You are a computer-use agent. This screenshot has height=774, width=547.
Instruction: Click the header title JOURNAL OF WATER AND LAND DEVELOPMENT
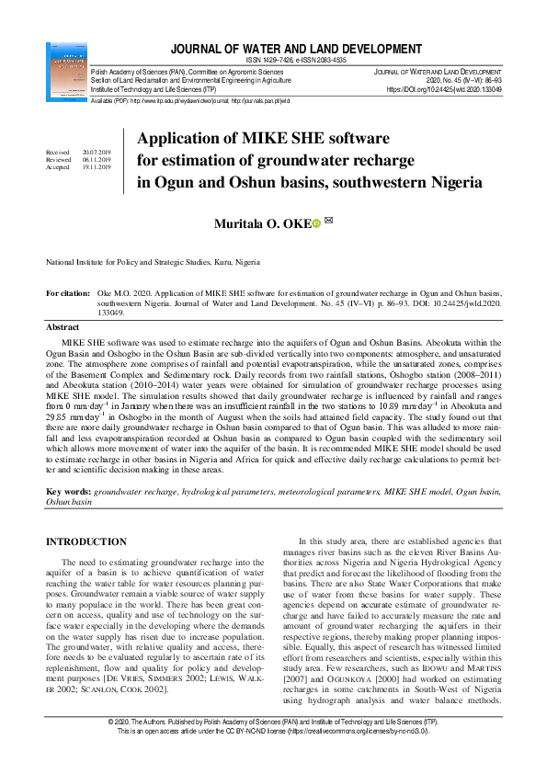pos(296,48)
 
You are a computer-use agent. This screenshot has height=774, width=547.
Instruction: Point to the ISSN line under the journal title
pos(296,60)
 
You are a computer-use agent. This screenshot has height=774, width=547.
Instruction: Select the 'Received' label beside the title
pos(57,153)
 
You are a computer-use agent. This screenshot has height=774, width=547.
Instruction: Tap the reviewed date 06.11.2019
pos(96,160)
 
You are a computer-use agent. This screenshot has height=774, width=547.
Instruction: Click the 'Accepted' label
pos(58,167)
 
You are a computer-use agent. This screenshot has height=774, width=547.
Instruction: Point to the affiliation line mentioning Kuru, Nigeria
pos(153,262)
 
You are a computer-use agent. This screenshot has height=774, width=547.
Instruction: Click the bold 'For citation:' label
pos(69,292)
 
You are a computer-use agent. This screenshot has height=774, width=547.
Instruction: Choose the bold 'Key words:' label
pos(69,492)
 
